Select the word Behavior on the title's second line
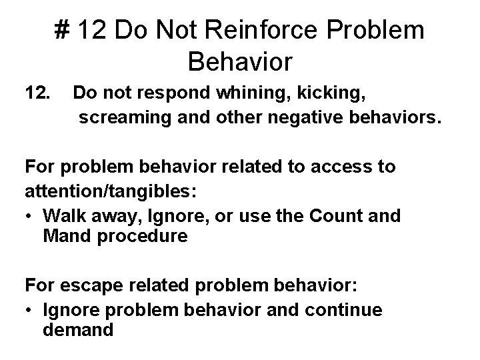pyautogui.click(x=240, y=62)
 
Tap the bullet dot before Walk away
pyautogui.click(x=30, y=217)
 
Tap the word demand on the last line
pyautogui.click(x=79, y=329)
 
